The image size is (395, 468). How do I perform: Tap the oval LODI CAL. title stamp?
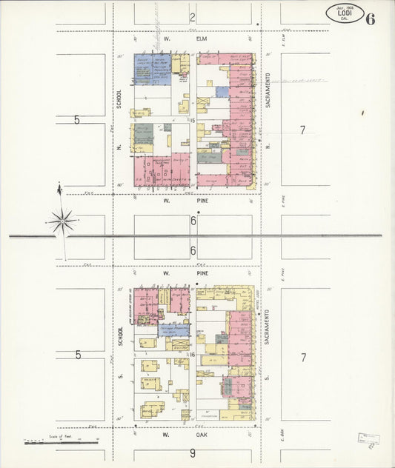pyautogui.click(x=344, y=13)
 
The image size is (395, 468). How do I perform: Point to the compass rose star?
pyautogui.click(x=62, y=220)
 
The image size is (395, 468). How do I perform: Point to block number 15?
pyautogui.click(x=191, y=120)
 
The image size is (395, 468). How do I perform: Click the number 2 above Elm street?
pyautogui.click(x=192, y=17)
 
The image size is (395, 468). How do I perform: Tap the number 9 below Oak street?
pyautogui.click(x=192, y=453)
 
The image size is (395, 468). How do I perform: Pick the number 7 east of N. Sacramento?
pyautogui.click(x=302, y=130)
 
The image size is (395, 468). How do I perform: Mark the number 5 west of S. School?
pyautogui.click(x=78, y=355)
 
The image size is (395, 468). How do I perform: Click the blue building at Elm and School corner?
pyautogui.click(x=152, y=69)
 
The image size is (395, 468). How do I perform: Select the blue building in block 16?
pyautogui.click(x=173, y=330)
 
